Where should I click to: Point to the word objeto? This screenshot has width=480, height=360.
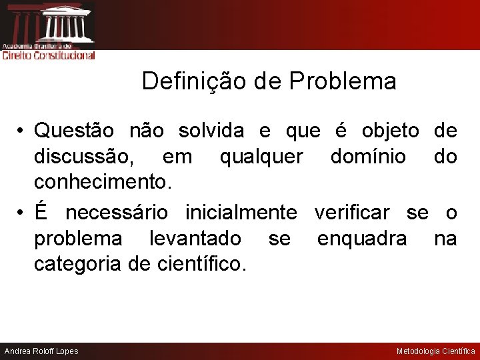coord(391,131)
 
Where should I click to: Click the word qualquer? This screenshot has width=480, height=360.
coord(260,157)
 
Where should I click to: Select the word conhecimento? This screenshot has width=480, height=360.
coord(101,182)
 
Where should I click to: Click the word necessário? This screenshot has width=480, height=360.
coord(117,213)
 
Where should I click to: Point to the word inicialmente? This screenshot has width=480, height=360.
coord(241,213)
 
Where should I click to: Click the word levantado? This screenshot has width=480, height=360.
coord(195,238)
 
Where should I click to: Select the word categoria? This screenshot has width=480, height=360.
coord(78,264)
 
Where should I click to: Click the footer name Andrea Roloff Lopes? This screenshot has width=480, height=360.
coord(41,351)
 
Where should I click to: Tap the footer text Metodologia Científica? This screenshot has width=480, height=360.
coord(436,351)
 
